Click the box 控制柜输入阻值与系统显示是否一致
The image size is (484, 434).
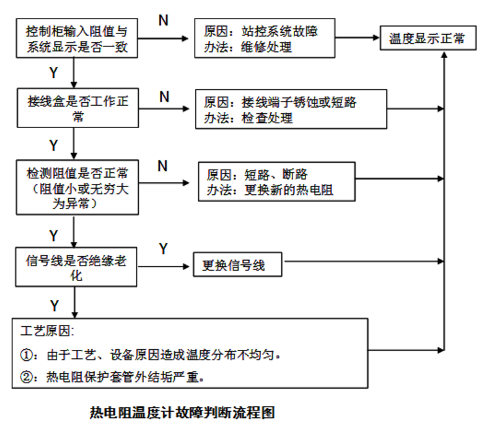point(77,38)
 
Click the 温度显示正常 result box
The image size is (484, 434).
point(427,38)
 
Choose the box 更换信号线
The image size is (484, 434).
point(238,265)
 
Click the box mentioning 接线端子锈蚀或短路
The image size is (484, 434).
point(290,109)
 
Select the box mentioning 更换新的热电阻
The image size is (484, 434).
point(277,181)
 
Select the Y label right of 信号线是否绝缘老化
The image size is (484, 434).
point(164,249)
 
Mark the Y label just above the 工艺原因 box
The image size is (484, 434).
point(55,305)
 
